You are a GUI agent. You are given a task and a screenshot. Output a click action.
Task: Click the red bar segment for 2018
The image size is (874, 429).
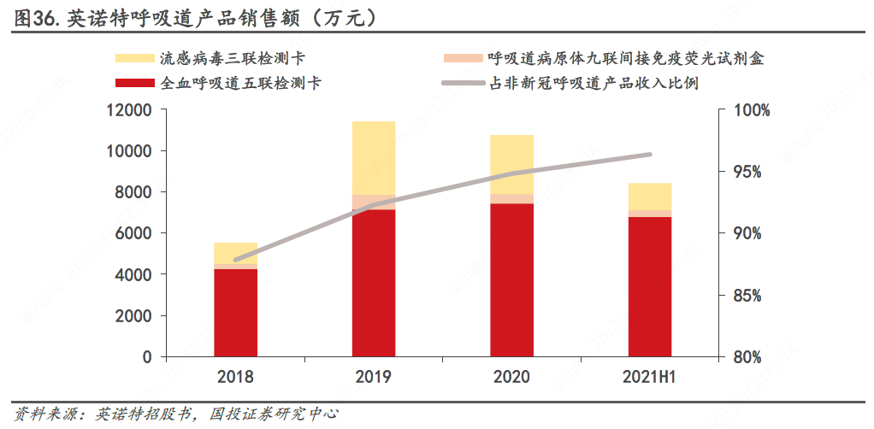pyautogui.click(x=235, y=312)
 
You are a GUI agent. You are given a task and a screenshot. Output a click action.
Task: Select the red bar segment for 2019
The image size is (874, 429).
pyautogui.click(x=374, y=282)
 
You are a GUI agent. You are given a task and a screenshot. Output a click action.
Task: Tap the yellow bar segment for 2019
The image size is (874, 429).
pyautogui.click(x=374, y=158)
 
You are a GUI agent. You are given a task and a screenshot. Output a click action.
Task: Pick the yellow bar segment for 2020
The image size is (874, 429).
pyautogui.click(x=511, y=164)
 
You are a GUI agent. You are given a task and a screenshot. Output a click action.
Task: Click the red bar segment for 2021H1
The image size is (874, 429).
pyautogui.click(x=650, y=286)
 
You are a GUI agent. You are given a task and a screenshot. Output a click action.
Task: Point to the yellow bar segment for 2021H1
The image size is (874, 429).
pyautogui.click(x=650, y=197)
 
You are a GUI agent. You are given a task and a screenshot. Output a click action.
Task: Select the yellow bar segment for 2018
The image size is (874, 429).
pyautogui.click(x=235, y=253)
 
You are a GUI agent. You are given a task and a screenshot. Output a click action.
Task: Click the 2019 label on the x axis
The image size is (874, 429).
pyautogui.click(x=374, y=377)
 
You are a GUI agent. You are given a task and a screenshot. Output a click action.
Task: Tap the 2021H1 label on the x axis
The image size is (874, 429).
pyautogui.click(x=649, y=377)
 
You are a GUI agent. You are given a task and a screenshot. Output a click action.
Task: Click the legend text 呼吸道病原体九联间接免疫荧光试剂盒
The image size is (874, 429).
pyautogui.click(x=625, y=59)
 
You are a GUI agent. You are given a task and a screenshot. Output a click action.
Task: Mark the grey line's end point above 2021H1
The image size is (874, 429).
pyautogui.click(x=650, y=155)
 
